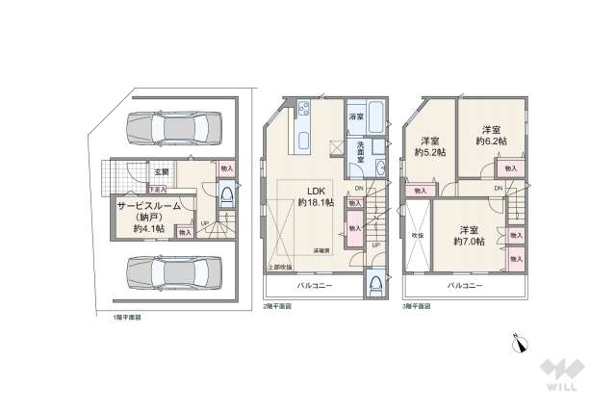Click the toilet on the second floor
coord(373,286)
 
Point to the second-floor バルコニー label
coord(313,286)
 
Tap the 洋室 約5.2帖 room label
coord(428,144)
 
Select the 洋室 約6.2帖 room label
coord(491,135)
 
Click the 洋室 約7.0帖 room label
coord(469,235)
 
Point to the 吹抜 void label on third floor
coord(417,234)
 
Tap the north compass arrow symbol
coord(522,342)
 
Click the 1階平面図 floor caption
coord(126,316)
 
